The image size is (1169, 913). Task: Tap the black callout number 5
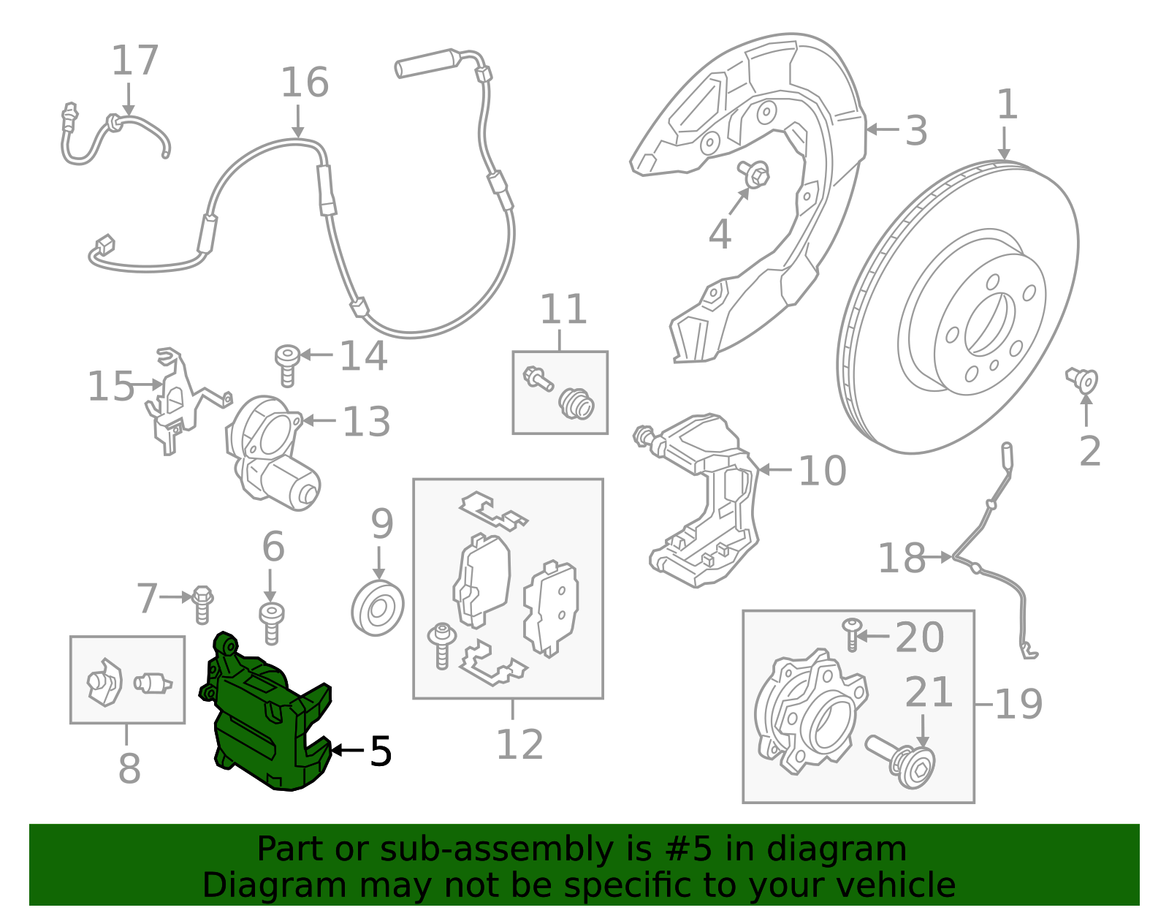381,751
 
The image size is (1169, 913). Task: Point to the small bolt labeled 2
1084,380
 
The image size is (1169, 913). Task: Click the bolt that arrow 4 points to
755,174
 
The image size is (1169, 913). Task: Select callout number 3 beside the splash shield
916,131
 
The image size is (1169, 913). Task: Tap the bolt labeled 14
287,364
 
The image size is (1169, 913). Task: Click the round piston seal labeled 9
378,608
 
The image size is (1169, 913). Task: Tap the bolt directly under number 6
271,623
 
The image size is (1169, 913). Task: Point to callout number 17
134,61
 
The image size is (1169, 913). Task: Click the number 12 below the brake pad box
519,745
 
